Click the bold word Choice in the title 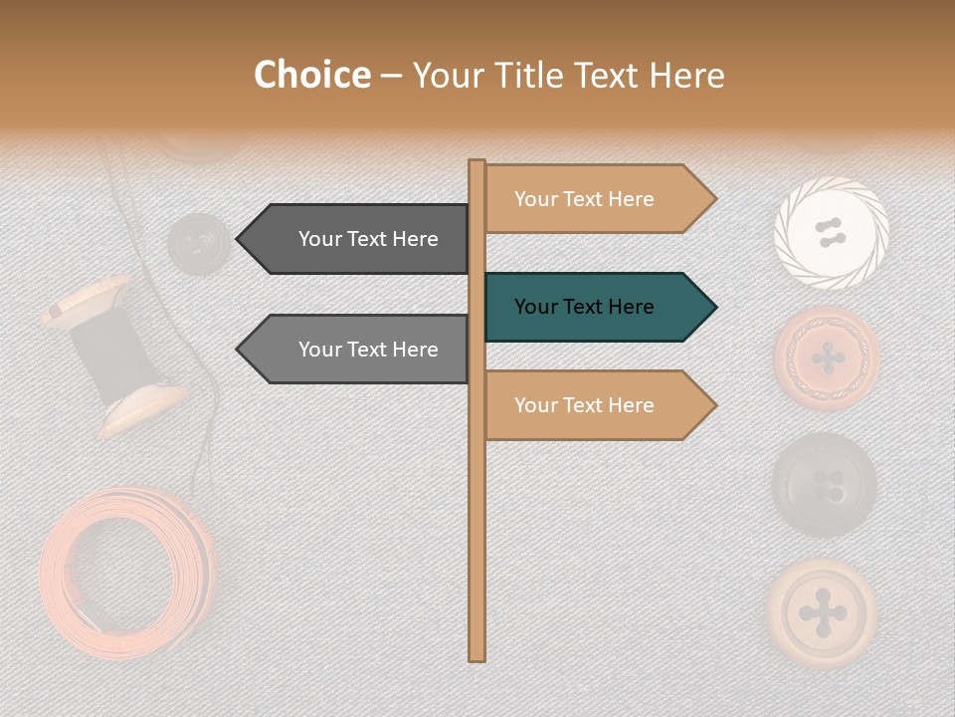click(x=311, y=75)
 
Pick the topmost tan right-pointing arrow click(x=597, y=199)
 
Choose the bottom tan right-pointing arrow click(x=597, y=405)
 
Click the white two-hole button click(x=831, y=234)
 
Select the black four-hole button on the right click(x=825, y=485)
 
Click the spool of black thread click(x=115, y=355)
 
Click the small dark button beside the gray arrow click(x=199, y=242)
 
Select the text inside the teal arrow click(x=584, y=307)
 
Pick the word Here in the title click(x=687, y=75)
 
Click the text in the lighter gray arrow click(x=368, y=350)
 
